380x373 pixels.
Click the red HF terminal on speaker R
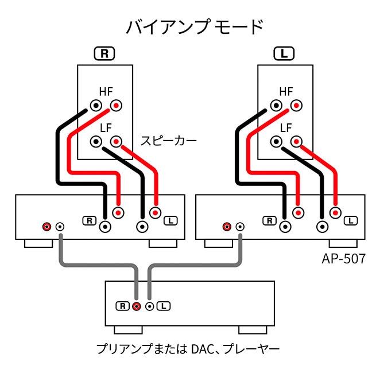pos(117,106)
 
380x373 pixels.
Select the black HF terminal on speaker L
pos(277,106)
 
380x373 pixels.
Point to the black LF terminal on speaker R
pos(97,141)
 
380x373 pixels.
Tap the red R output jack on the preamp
pos(136,306)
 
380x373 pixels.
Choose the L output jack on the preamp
pos(150,306)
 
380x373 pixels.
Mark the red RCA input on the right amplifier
pos(228,227)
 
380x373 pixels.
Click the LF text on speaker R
pos(106,127)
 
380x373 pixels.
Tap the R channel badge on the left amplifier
pos(90,220)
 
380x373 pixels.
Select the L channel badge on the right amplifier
pos(351,220)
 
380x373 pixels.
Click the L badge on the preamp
pos(164,306)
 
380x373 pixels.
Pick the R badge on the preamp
pos(122,306)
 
